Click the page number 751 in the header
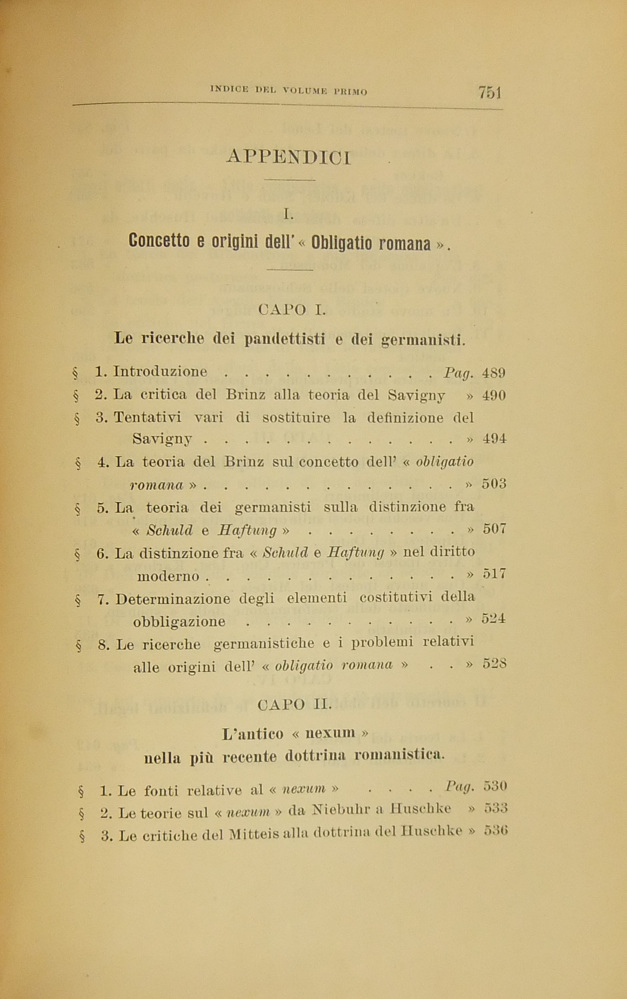tap(490, 92)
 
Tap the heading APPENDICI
tap(289, 158)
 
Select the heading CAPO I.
tap(292, 310)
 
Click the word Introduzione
tap(160, 371)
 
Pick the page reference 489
tap(493, 373)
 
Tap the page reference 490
tap(494, 395)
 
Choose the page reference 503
tap(494, 484)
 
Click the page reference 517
tap(494, 574)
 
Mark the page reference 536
tap(496, 831)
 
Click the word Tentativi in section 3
tap(147, 417)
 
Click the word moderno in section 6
tap(168, 576)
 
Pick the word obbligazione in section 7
tap(179, 622)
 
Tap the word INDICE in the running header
tap(230, 89)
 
